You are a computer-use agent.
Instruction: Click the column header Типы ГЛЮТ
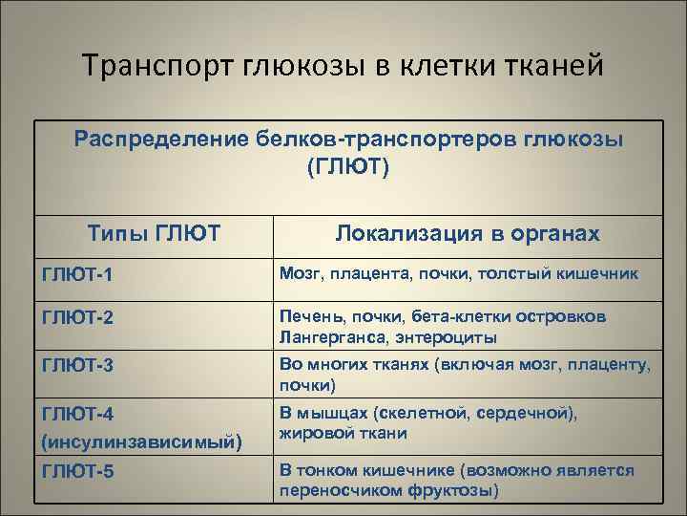tap(154, 234)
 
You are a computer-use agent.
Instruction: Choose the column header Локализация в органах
tap(468, 234)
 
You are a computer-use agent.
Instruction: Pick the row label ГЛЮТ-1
tap(78, 275)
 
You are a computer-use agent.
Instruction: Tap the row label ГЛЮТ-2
tap(78, 319)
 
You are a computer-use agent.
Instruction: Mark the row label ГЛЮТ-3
tap(78, 364)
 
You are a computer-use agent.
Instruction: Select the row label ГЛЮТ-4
tap(78, 414)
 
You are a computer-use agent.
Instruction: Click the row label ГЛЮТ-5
tap(78, 472)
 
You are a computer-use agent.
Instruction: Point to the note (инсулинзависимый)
tap(142, 442)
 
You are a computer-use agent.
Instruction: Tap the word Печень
tap(310, 316)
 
